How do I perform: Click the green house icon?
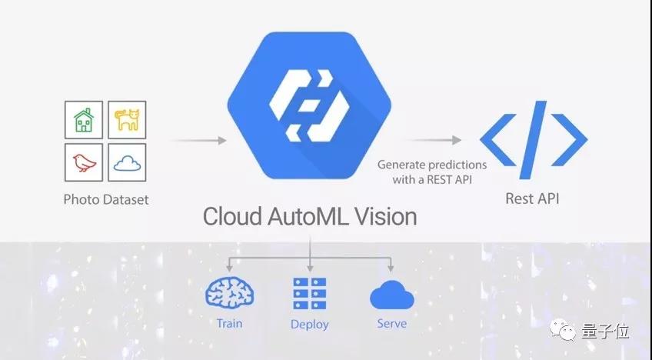point(84,120)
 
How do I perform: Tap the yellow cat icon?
point(127,120)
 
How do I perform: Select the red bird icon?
point(85,162)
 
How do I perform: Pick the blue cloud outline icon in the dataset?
point(127,163)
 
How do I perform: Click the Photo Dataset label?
point(106,199)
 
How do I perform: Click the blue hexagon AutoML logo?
point(309,105)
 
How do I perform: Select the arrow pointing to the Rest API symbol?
point(432,140)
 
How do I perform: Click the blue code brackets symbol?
point(534,140)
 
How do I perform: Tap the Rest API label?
point(532,198)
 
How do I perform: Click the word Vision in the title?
point(386,216)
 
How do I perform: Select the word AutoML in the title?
point(308,216)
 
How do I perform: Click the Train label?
point(230,323)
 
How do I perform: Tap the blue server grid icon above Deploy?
point(310,293)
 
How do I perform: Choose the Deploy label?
point(310,325)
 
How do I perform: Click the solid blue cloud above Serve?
point(391,295)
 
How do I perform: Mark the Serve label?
point(392,323)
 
